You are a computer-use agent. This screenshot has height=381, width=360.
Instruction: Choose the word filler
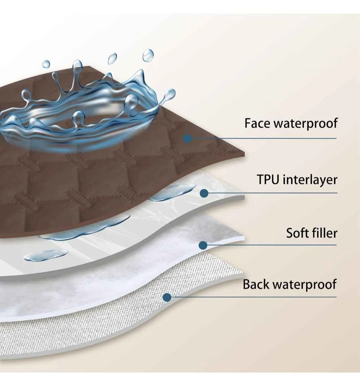pyautogui.click(x=324, y=233)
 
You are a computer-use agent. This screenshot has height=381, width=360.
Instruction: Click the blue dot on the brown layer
pyautogui.click(x=187, y=139)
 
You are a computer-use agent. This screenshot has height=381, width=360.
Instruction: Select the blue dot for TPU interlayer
pyautogui.click(x=204, y=193)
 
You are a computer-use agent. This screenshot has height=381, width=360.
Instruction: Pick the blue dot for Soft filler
pyautogui.click(x=203, y=245)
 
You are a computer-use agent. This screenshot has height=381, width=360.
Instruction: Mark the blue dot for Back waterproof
pyautogui.click(x=167, y=297)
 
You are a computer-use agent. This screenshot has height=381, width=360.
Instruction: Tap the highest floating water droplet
pyautogui.click(x=148, y=55)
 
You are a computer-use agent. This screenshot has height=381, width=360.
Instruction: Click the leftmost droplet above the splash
pyautogui.click(x=46, y=64)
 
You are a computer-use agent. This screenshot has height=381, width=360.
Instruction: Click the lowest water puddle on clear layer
pyautogui.click(x=46, y=255)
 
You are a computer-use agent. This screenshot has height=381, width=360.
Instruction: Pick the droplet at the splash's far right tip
pyautogui.click(x=170, y=94)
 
